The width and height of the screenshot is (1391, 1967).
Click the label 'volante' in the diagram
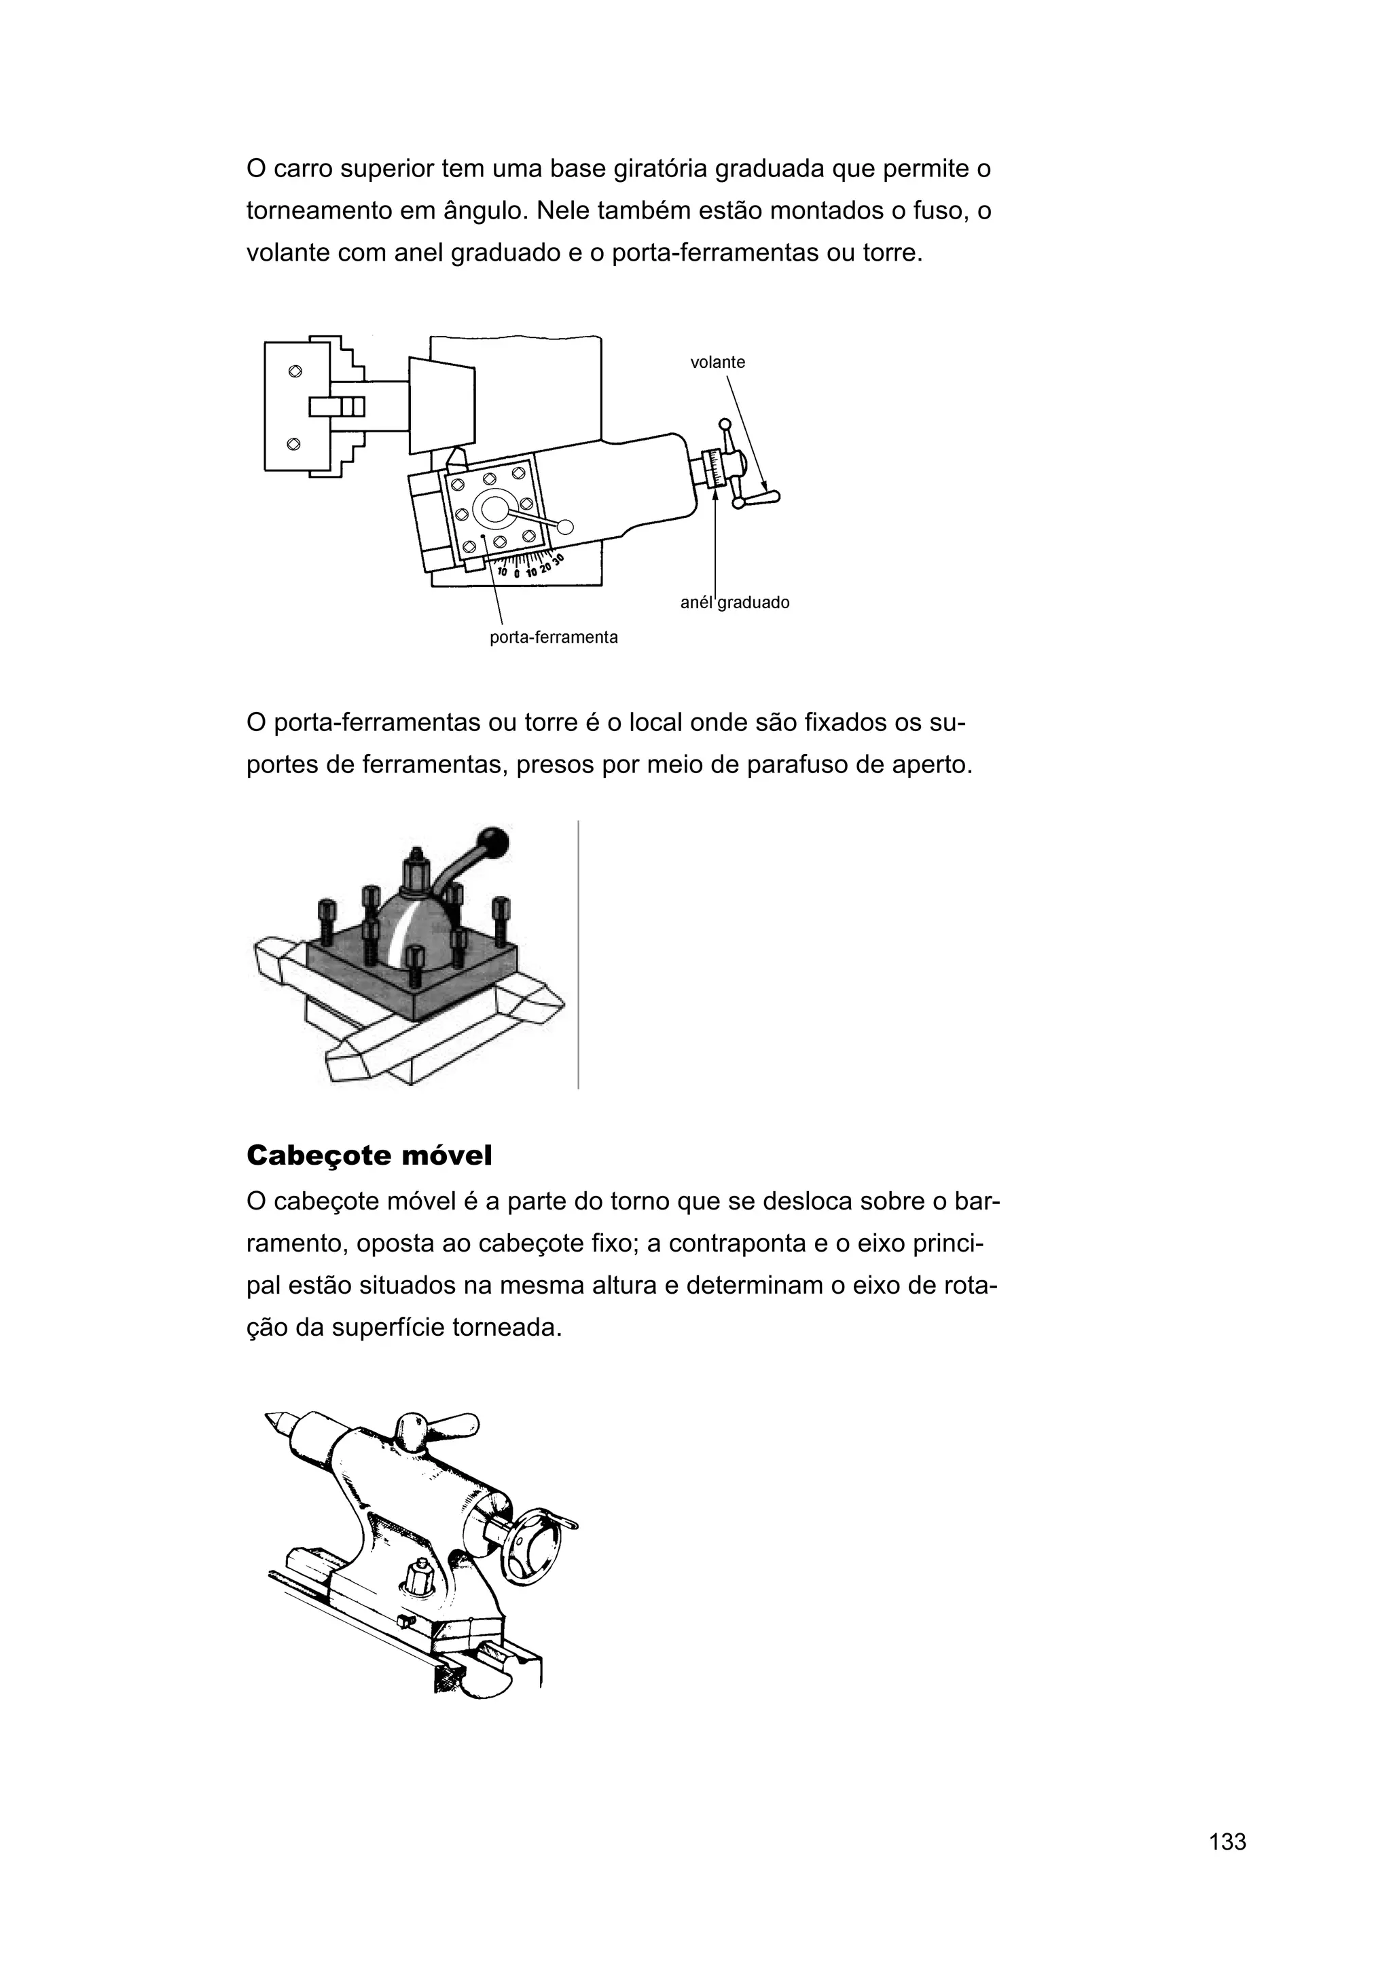point(717,362)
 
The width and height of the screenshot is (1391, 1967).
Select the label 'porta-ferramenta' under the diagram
point(553,637)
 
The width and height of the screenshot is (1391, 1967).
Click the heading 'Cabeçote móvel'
point(369,1156)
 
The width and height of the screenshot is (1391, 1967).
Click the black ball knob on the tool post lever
point(495,840)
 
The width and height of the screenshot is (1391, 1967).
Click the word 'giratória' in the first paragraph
point(660,169)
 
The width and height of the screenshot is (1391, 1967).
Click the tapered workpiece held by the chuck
point(442,405)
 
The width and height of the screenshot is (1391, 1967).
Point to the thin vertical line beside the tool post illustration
point(579,954)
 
